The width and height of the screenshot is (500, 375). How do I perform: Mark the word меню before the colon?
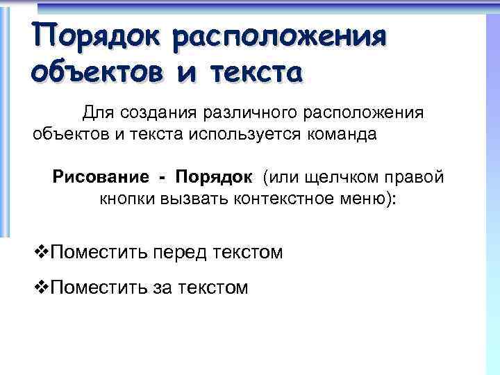[362, 199]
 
